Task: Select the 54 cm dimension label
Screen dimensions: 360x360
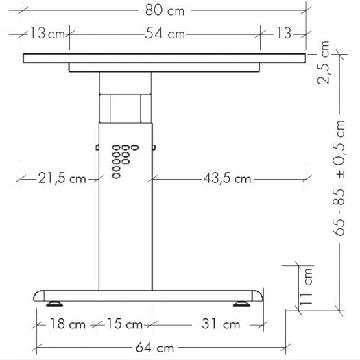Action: (165, 33)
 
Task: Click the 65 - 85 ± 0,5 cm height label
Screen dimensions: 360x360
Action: (340, 176)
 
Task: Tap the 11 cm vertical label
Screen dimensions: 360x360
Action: (307, 286)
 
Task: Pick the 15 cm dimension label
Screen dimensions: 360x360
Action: (125, 324)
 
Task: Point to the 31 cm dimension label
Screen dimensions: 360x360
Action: (220, 324)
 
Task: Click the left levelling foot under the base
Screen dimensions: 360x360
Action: (53, 302)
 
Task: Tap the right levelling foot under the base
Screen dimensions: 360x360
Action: (243, 302)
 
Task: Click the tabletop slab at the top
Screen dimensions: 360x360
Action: (165, 58)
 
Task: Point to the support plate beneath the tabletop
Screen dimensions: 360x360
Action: (165, 67)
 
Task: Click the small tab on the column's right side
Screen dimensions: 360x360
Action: (154, 146)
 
